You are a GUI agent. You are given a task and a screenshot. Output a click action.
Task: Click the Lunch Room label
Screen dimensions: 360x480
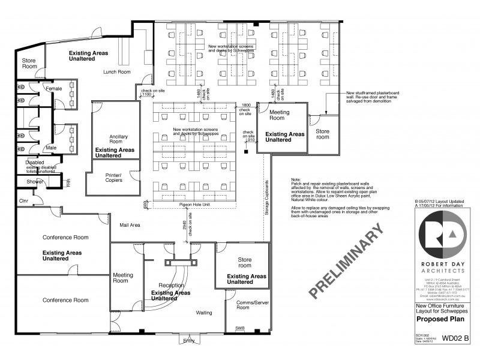click(x=116, y=72)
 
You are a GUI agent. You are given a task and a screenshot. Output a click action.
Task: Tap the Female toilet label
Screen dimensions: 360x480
click(x=54, y=89)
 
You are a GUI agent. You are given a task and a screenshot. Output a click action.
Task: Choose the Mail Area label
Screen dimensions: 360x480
click(x=130, y=225)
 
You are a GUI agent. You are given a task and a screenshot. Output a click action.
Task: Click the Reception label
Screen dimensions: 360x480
click(x=171, y=285)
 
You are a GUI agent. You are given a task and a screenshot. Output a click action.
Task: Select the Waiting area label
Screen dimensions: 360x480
click(x=207, y=313)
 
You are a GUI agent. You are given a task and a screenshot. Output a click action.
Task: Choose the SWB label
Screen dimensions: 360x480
click(x=240, y=328)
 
